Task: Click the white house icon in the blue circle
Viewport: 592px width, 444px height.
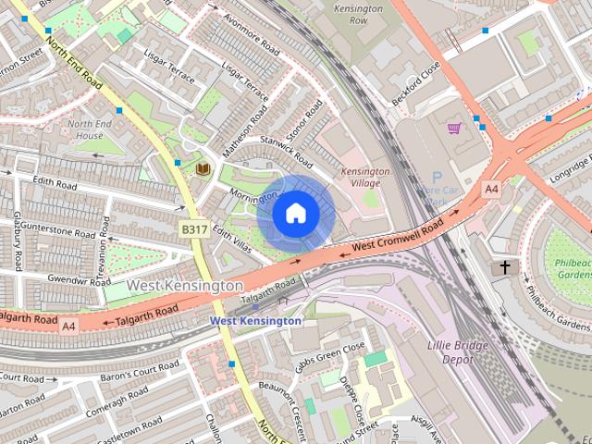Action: [295, 214]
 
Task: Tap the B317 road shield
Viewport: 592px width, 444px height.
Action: [193, 228]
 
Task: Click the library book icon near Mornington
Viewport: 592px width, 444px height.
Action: [203, 168]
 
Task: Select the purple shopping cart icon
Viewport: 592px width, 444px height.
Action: [453, 128]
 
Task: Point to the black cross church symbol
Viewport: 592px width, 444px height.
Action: [504, 267]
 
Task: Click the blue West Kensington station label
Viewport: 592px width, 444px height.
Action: [255, 321]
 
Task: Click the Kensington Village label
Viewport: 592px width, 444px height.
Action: [365, 178]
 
